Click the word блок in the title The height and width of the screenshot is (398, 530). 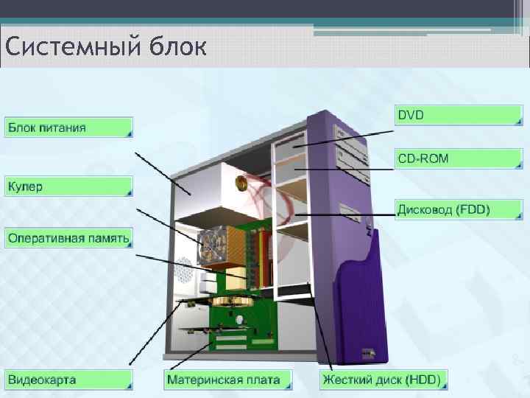pyautogui.click(x=177, y=48)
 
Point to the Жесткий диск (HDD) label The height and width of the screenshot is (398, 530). pyautogui.click(x=381, y=380)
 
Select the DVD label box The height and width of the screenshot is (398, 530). pyautogui.click(x=458, y=115)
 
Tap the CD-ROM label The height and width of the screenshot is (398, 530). pyautogui.click(x=458, y=158)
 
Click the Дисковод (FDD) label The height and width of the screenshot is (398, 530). pyautogui.click(x=458, y=209)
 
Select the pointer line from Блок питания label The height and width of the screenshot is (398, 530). pyautogui.click(x=162, y=173)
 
